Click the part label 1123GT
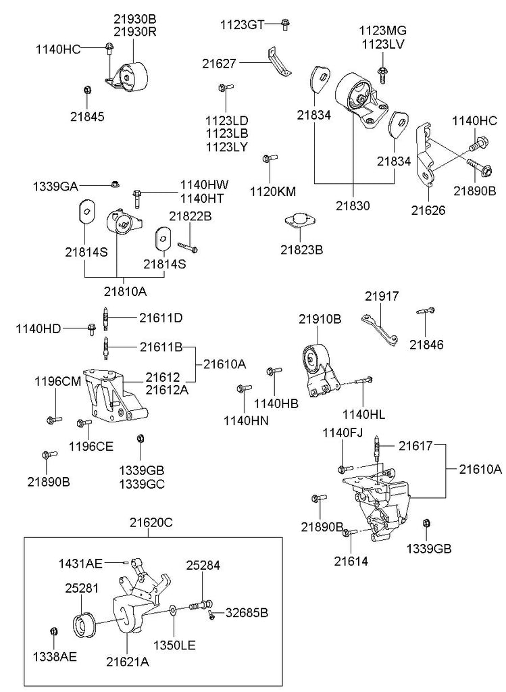(242, 25)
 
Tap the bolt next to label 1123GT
(286, 24)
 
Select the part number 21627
(220, 64)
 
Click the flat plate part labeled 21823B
(298, 220)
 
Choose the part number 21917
(382, 296)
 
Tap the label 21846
(426, 345)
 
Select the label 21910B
(320, 319)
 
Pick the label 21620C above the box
(152, 522)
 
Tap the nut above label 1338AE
(54, 631)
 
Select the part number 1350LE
(174, 645)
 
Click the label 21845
(87, 116)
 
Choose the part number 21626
(428, 210)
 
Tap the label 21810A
(126, 292)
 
